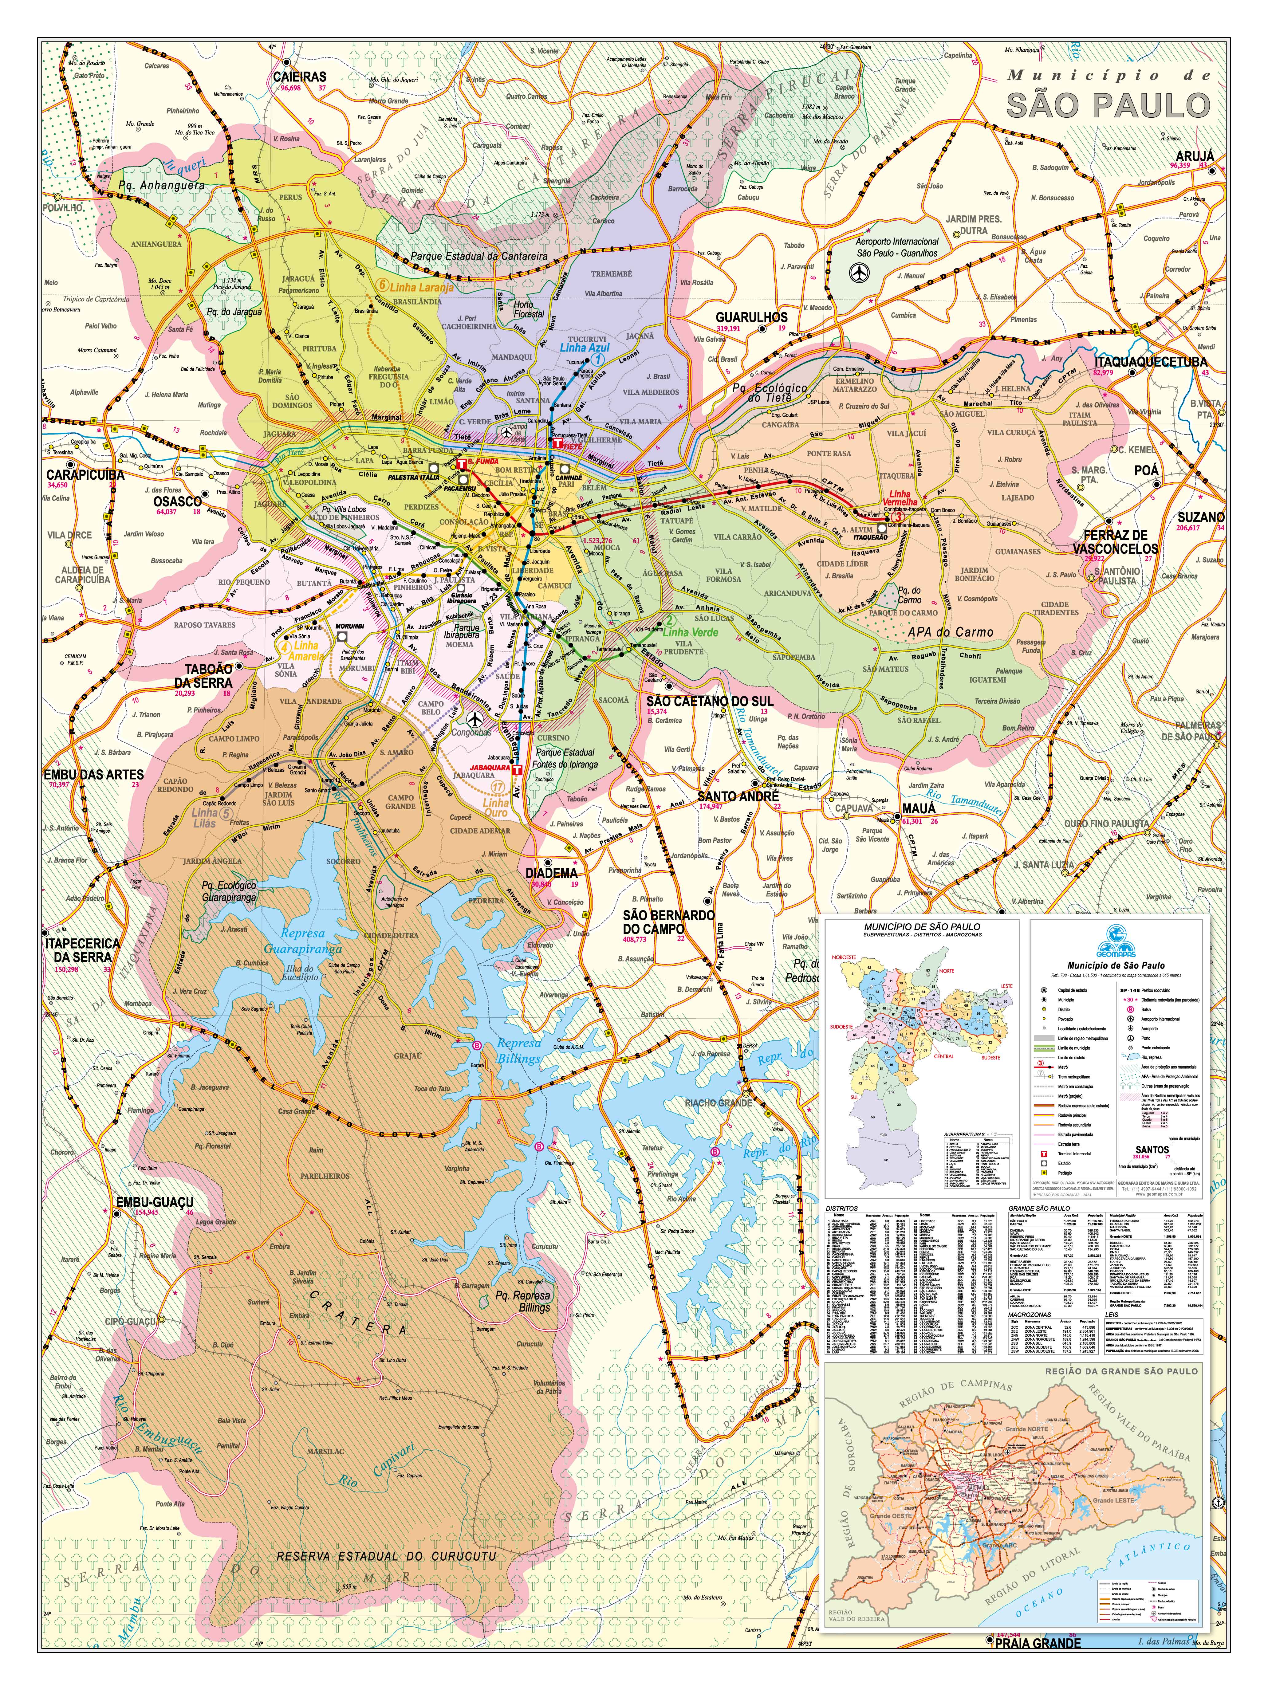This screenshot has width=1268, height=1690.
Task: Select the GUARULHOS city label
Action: (x=751, y=317)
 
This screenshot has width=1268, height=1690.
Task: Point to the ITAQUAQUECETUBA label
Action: (x=1150, y=362)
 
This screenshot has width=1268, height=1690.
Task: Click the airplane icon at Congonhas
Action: (x=475, y=719)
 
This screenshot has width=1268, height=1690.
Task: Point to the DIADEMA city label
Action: (x=551, y=873)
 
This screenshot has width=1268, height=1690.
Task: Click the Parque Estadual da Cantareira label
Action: (x=479, y=256)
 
